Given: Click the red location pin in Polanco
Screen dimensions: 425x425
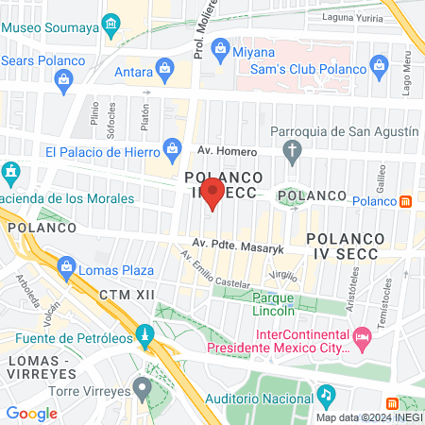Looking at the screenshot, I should click(213, 195).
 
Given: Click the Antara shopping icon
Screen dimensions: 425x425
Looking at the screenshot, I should click(166, 68).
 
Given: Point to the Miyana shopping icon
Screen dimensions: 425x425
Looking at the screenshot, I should click(221, 46).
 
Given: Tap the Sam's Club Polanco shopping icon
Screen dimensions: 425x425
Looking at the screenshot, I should click(380, 66).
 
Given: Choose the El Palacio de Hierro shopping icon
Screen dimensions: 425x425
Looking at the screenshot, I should click(172, 147).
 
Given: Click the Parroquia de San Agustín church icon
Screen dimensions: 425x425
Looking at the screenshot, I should click(293, 149).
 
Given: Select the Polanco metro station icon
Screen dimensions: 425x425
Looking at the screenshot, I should click(405, 200).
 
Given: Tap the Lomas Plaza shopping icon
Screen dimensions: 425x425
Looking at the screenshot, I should click(66, 268).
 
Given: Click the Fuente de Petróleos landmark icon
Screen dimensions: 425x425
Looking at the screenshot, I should click(144, 334).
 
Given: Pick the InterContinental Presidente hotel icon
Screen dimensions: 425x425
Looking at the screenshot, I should click(361, 337).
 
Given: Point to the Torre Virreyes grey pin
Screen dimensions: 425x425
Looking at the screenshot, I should click(142, 386).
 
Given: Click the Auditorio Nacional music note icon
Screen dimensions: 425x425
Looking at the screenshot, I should click(326, 393).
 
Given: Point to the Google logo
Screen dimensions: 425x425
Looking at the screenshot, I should click(31, 413).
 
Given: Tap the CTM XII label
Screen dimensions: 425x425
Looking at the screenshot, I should click(126, 296).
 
